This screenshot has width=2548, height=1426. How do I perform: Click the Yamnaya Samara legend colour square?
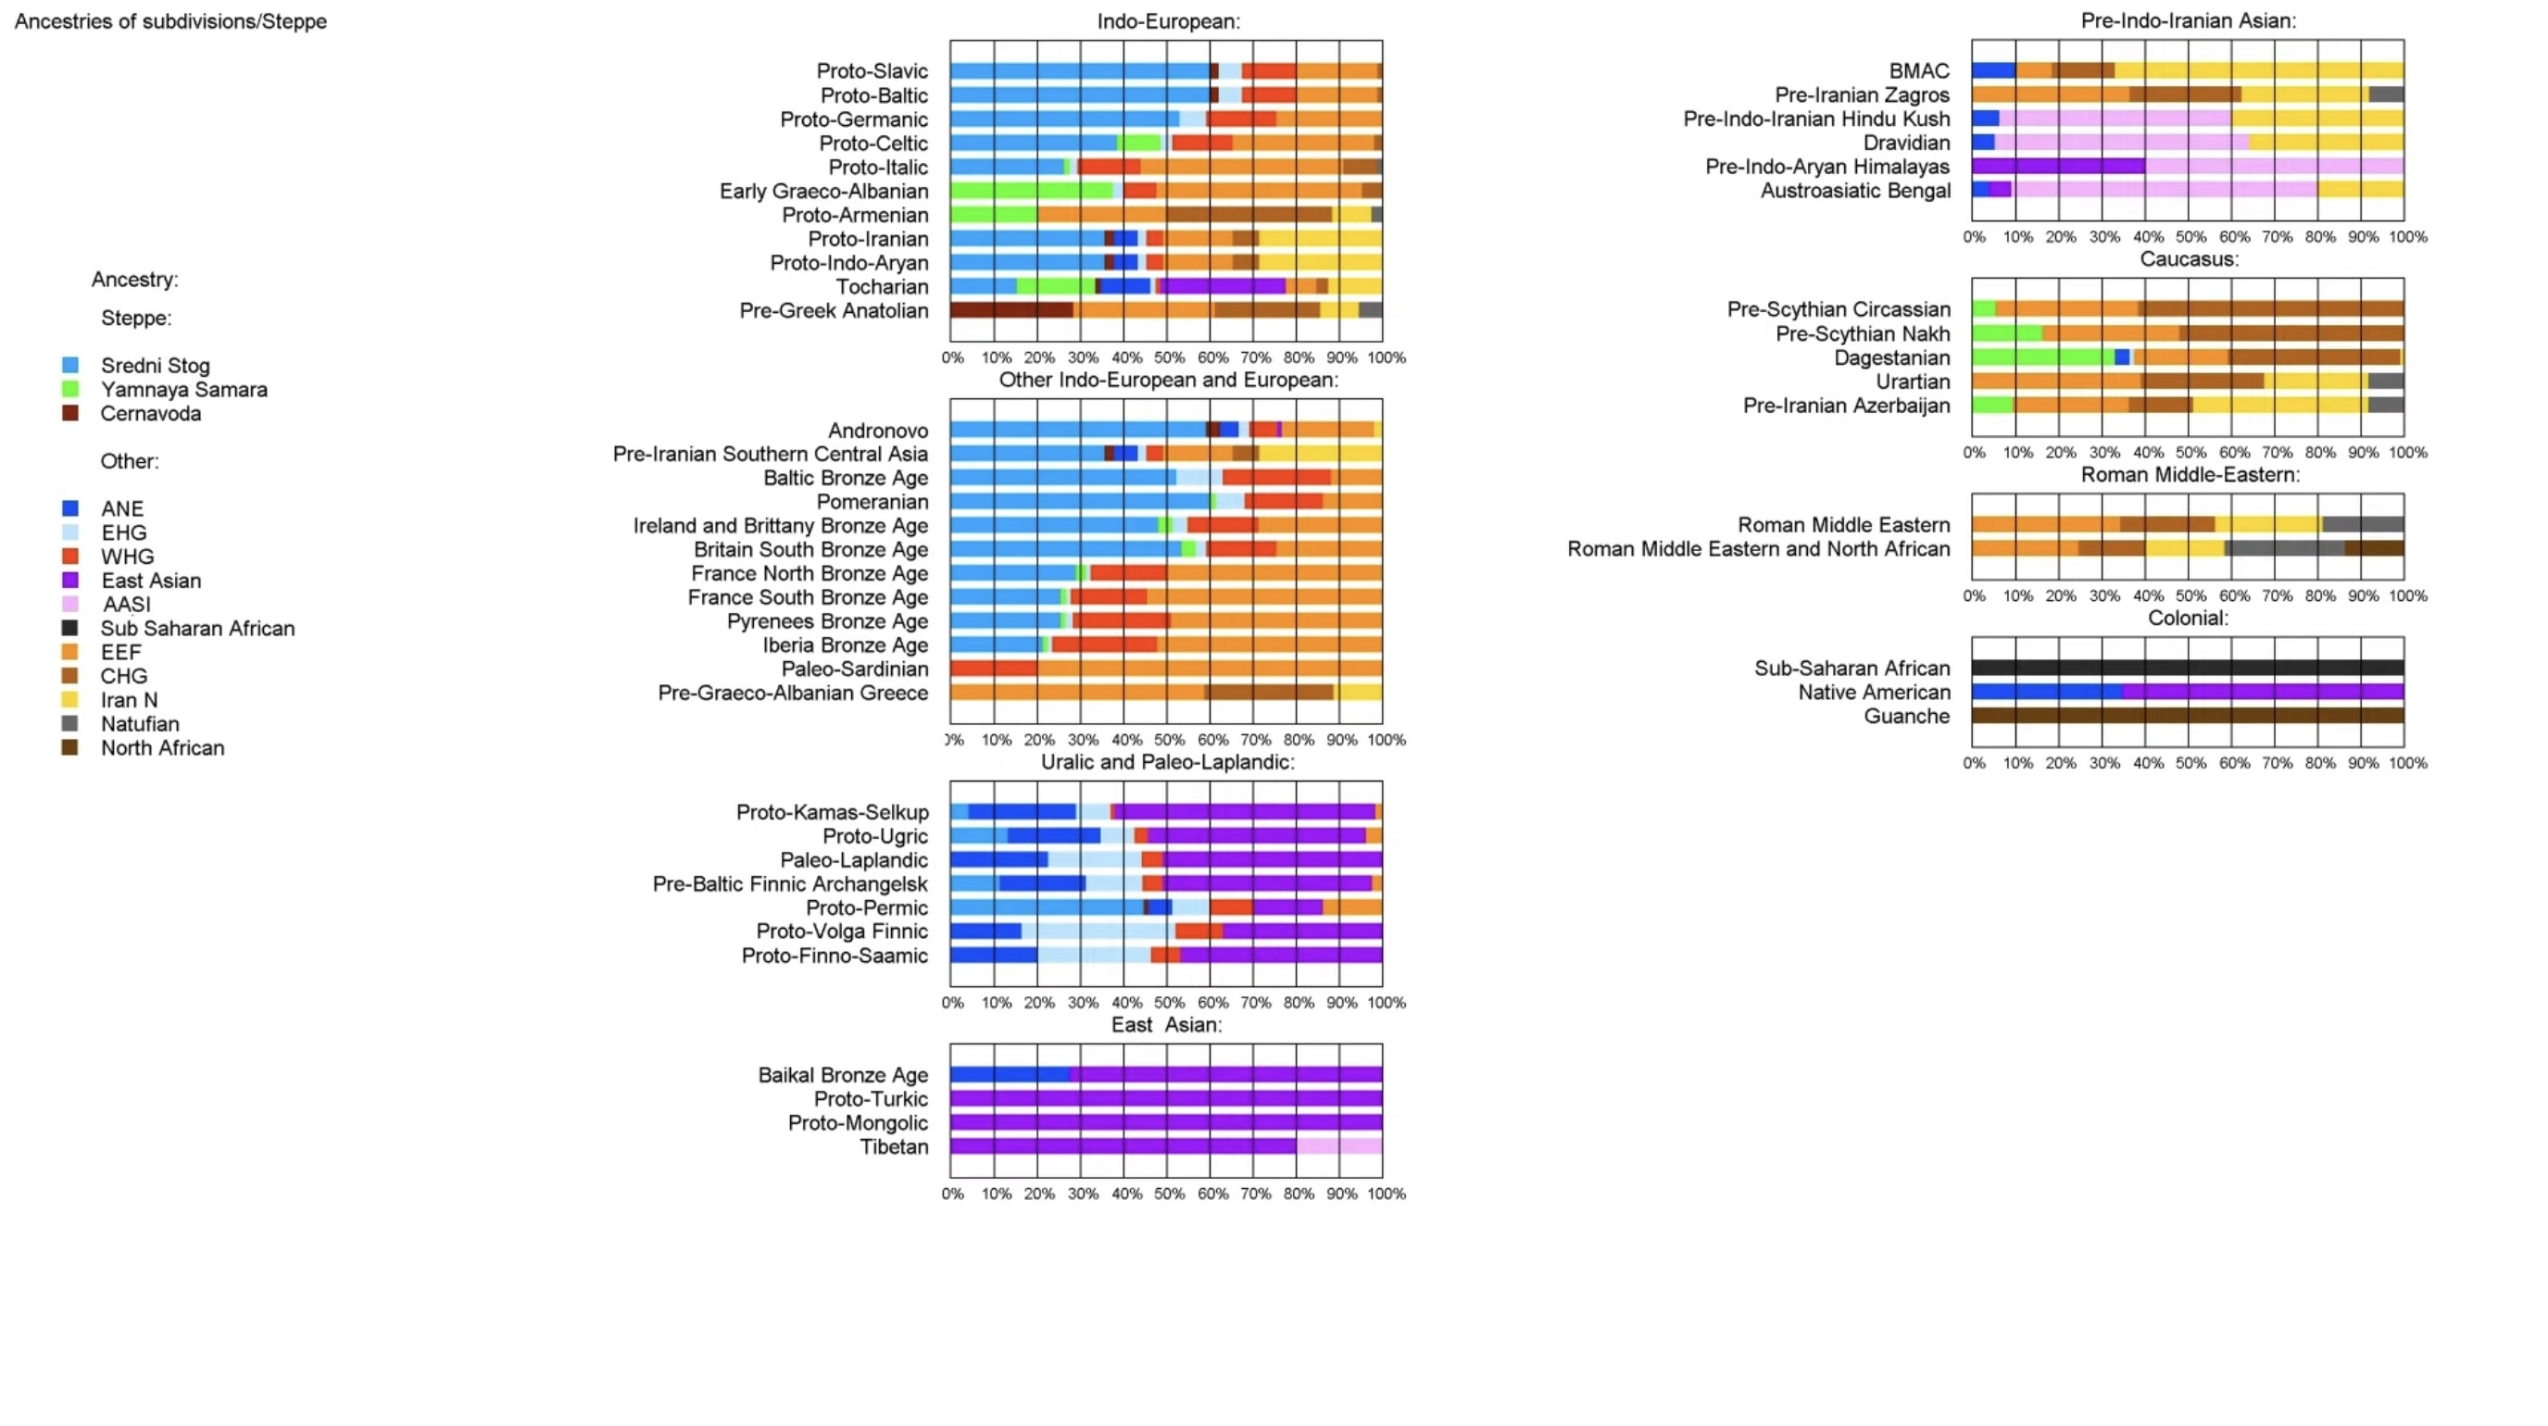point(70,390)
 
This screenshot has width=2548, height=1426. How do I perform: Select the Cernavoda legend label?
point(150,413)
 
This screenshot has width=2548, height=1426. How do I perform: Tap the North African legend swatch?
point(70,747)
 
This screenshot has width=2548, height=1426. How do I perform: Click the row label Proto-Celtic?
point(873,144)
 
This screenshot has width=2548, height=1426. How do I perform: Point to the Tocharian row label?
point(882,287)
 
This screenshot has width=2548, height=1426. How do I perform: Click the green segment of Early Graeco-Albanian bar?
point(1031,191)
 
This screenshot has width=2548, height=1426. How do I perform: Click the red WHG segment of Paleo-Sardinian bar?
point(993,669)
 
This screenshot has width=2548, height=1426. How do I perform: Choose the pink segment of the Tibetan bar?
point(1339,1146)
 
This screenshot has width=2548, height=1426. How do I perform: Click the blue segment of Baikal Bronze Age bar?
point(1010,1075)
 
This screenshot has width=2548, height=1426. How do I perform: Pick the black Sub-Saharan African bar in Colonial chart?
point(2187,669)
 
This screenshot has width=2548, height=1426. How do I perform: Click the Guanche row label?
point(1906,716)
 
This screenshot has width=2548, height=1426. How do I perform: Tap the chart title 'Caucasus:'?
point(2189,259)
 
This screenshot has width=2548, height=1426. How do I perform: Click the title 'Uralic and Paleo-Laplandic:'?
point(1167,761)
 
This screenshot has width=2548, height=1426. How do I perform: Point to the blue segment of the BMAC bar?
point(1993,70)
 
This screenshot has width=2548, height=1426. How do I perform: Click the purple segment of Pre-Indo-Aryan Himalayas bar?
point(2057,166)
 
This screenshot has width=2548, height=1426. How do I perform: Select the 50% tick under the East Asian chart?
point(1168,1194)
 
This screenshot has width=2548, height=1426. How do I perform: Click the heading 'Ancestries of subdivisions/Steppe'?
point(170,20)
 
